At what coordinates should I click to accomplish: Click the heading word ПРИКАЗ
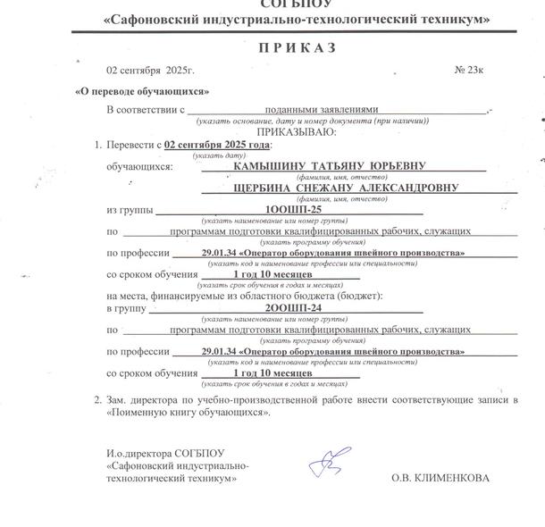coord(298,48)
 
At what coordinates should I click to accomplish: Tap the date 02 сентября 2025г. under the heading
coord(150,69)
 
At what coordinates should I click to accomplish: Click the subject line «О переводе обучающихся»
coord(143,90)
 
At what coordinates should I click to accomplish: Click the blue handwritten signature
coord(323,463)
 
